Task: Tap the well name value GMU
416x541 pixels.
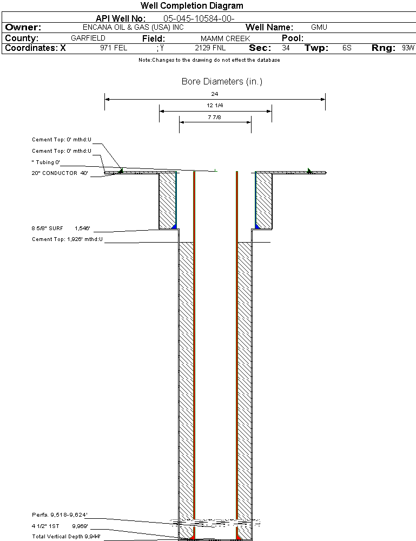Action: pyautogui.click(x=319, y=27)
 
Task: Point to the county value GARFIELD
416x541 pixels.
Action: pyautogui.click(x=88, y=38)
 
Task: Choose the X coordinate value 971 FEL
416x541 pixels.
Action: pyautogui.click(x=114, y=48)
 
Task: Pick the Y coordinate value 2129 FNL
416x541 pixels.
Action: pyautogui.click(x=208, y=48)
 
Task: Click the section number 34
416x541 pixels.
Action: pyautogui.click(x=286, y=48)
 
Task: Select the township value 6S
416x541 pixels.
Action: pyautogui.click(x=347, y=48)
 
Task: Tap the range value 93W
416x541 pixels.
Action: pyautogui.click(x=408, y=48)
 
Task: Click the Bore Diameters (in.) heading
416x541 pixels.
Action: pyautogui.click(x=222, y=82)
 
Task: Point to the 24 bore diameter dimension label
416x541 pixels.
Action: pyautogui.click(x=215, y=94)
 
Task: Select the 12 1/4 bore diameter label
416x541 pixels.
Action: pyautogui.click(x=215, y=105)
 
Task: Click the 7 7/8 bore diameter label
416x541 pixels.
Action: pyautogui.click(x=215, y=116)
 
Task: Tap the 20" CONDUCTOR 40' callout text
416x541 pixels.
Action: pyautogui.click(x=60, y=173)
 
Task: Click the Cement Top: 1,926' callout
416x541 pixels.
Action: pyautogui.click(x=67, y=239)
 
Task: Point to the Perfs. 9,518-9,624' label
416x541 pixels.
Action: pyautogui.click(x=60, y=514)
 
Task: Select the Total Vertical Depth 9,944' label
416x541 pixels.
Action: pyautogui.click(x=66, y=536)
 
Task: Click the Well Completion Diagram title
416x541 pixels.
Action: pyautogui.click(x=192, y=6)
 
